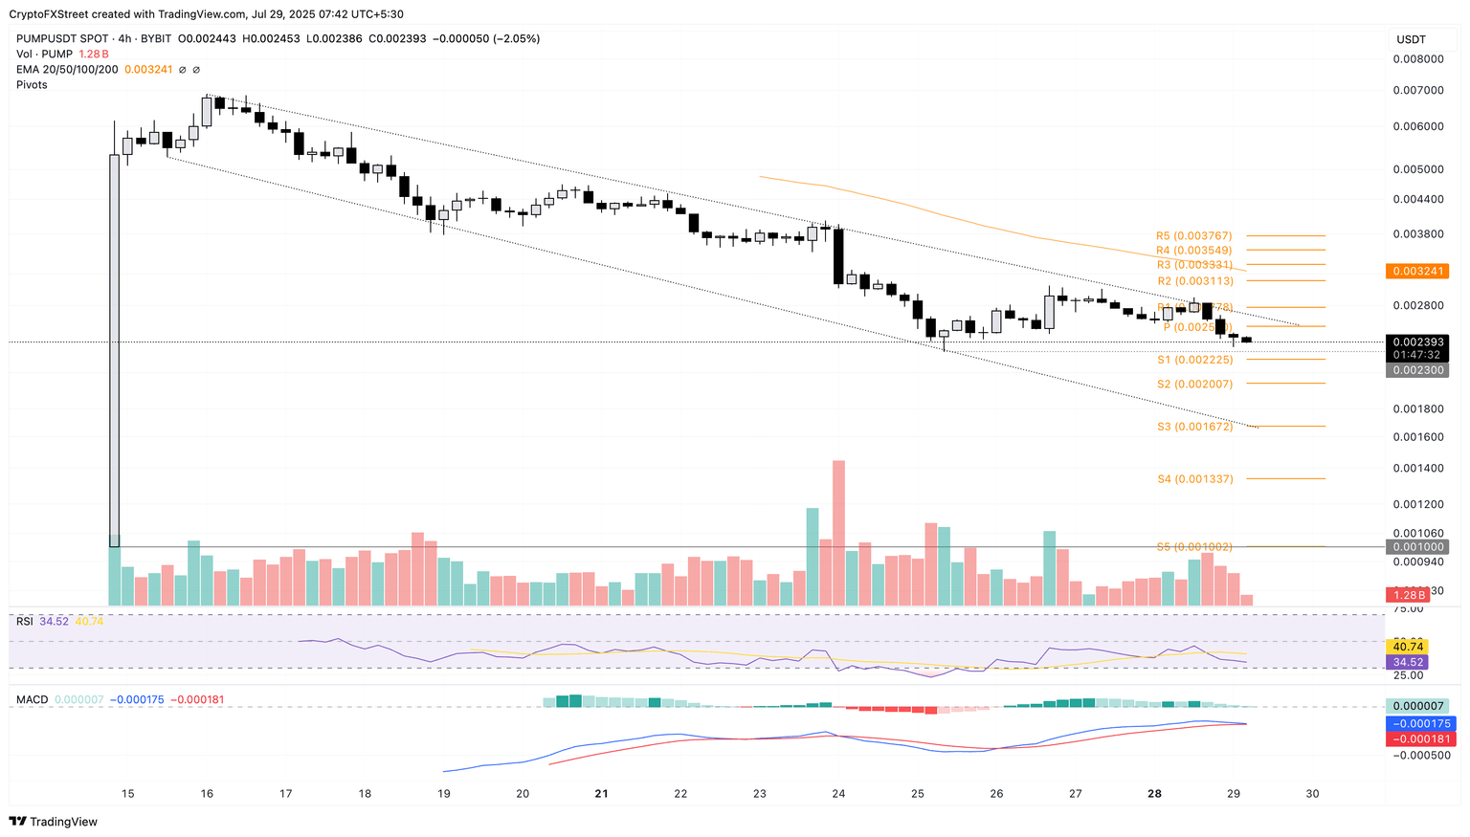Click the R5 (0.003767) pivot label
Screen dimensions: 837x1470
[1193, 235]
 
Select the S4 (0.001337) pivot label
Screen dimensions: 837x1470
[1194, 478]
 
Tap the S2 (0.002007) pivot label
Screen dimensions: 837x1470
[1194, 384]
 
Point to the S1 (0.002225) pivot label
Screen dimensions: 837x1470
[1194, 360]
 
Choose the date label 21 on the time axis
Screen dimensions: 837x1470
[601, 793]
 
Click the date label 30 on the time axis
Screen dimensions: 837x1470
[1312, 793]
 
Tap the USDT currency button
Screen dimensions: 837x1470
[1412, 39]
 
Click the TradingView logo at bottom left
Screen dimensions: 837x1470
[54, 821]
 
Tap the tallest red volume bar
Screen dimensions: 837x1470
[838, 532]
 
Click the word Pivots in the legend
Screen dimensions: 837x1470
[32, 85]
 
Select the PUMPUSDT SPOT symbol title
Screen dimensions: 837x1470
[63, 39]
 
